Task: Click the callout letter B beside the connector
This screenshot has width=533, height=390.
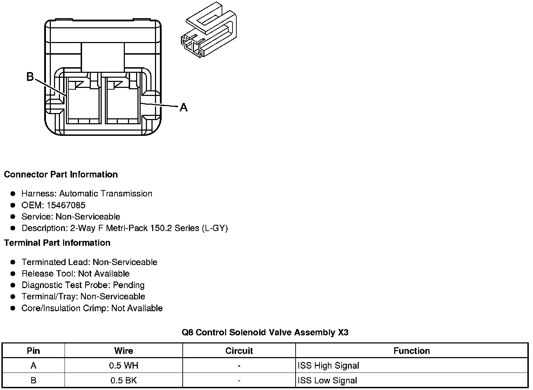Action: point(30,77)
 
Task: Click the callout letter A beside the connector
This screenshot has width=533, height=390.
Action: point(183,107)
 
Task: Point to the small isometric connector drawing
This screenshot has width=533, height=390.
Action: point(208,30)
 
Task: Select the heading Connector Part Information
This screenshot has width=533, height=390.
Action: point(61,174)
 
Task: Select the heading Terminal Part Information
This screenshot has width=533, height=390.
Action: point(57,243)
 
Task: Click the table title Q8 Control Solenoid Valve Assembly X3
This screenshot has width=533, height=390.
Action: point(265,332)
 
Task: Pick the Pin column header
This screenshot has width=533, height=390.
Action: point(33,351)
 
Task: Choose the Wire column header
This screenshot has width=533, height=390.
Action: point(123,351)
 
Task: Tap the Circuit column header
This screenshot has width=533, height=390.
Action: point(239,351)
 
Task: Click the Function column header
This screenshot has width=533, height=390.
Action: point(411,351)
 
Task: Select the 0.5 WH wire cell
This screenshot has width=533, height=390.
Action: point(123,366)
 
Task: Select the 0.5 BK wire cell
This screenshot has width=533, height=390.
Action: point(123,381)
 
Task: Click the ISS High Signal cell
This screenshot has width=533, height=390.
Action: point(328,366)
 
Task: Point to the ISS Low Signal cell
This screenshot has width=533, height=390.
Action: point(327,381)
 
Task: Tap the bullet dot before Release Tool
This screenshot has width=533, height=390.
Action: point(13,273)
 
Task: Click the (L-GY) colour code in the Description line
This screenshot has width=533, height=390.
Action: point(215,228)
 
